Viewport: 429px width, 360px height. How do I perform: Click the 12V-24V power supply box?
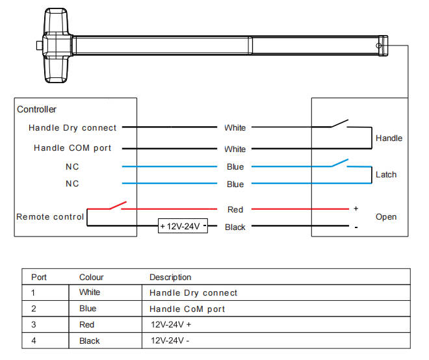pyautogui.click(x=183, y=226)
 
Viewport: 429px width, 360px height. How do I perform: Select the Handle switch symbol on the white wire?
pyautogui.click(x=339, y=123)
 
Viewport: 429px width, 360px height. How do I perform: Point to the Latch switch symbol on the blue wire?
pyautogui.click(x=339, y=162)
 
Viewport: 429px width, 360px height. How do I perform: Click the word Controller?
pyautogui.click(x=36, y=109)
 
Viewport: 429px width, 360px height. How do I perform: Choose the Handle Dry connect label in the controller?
pyautogui.click(x=73, y=128)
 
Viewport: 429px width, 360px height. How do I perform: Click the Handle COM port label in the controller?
pyautogui.click(x=73, y=148)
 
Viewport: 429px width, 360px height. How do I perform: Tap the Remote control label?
pyautogui.click(x=50, y=216)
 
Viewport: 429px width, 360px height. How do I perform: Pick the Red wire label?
pyautogui.click(x=235, y=209)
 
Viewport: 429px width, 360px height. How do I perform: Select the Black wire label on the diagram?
pyautogui.click(x=235, y=227)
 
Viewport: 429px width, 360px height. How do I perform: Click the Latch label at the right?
pyautogui.click(x=386, y=174)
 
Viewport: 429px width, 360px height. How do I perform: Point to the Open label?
pyautogui.click(x=386, y=216)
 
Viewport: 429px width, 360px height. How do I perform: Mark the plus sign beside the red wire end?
pyautogui.click(x=356, y=209)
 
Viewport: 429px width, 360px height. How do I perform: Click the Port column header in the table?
pyautogui.click(x=39, y=277)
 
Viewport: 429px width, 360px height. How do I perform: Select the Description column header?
pyautogui.click(x=170, y=277)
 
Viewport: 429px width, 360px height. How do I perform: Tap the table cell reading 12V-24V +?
pyautogui.click(x=172, y=324)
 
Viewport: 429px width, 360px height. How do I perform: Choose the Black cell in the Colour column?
pyautogui.click(x=89, y=341)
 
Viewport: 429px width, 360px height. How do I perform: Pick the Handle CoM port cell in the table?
pyautogui.click(x=187, y=309)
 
